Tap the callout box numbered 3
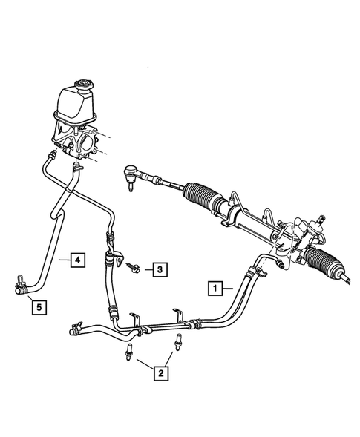[x=160, y=269]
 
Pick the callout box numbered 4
[x=76, y=260]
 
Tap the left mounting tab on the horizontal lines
[x=134, y=318]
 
